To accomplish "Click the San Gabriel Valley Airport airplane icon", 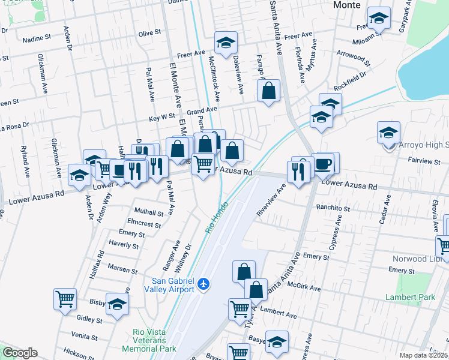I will point(205,283).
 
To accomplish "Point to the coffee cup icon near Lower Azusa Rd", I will point(324,163).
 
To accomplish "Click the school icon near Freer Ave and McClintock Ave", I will point(225,43).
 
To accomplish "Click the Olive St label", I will point(150,32).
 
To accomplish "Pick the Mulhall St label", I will point(149,212).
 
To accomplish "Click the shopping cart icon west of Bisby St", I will point(65,298).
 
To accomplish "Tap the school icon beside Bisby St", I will point(118,304).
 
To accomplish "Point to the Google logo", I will point(20,353).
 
